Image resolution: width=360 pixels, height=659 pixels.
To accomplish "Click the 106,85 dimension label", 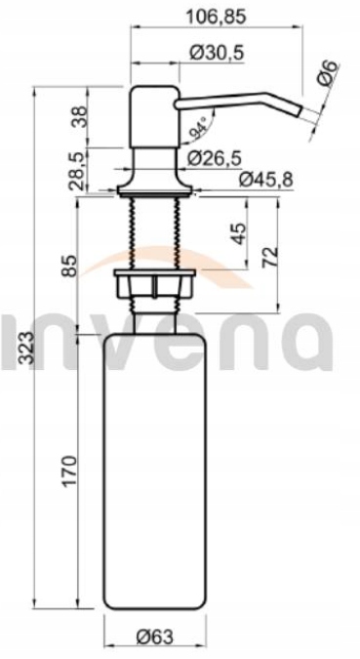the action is click(216, 17).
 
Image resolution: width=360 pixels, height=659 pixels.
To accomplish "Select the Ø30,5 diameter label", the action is click(217, 53).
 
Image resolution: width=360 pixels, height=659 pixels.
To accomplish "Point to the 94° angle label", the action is click(199, 128).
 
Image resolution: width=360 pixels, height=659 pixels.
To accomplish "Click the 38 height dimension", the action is click(79, 117).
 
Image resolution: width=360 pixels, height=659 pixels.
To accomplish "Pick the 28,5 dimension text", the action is click(79, 171).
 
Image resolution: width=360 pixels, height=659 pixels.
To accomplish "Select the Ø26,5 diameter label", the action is click(215, 158).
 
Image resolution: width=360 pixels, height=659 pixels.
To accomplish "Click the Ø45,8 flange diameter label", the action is click(266, 180).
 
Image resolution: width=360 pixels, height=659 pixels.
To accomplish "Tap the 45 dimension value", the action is click(237, 233).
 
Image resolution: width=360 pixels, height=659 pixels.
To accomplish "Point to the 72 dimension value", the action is click(270, 257).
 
